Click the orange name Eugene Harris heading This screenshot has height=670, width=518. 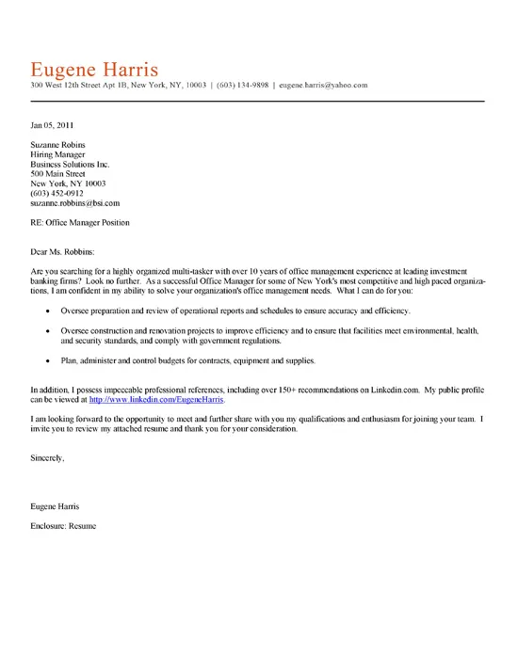click(x=94, y=70)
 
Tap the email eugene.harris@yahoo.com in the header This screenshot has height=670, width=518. click(x=323, y=86)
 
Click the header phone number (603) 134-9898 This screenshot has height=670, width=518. click(x=243, y=86)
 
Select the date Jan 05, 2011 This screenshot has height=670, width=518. click(x=52, y=124)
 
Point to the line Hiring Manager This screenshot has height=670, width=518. click(x=57, y=154)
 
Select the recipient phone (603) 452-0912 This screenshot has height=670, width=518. click(x=57, y=193)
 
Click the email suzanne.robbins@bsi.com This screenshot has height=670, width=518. click(x=75, y=203)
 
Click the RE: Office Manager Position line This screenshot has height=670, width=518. click(x=80, y=223)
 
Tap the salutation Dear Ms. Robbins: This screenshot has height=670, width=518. click(x=63, y=252)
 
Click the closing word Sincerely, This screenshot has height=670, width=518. click(x=47, y=457)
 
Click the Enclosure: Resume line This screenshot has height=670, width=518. click(x=63, y=525)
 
